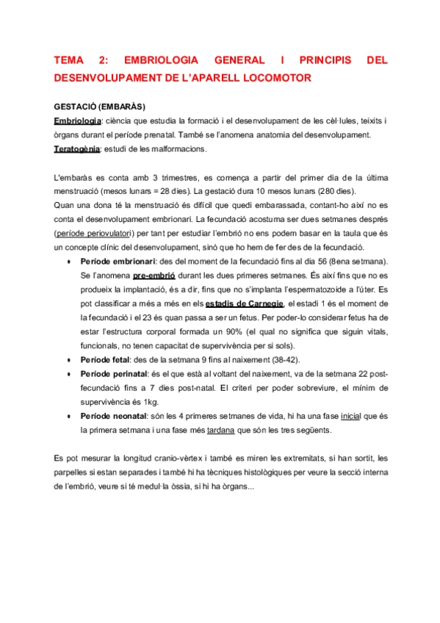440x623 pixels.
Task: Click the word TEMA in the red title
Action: click(x=70, y=60)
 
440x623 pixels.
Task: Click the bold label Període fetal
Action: click(x=105, y=360)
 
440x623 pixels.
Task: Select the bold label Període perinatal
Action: click(x=112, y=374)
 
